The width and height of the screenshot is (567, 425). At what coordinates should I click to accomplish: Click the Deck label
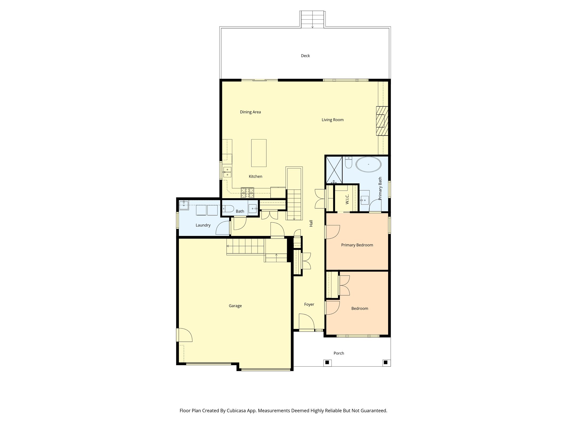coord(305,56)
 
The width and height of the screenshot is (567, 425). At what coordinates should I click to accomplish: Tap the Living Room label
coord(332,120)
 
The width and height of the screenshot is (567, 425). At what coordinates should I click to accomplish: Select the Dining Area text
coord(250,112)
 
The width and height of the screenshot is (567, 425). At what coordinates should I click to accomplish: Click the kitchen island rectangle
coord(259,153)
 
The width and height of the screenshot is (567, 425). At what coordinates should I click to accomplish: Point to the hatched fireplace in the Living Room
coord(382,121)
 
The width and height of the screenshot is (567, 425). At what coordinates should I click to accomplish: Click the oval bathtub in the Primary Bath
coord(368,164)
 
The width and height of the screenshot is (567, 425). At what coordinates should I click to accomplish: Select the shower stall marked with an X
coord(334,170)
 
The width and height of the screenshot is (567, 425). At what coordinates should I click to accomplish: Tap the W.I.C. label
coord(347,199)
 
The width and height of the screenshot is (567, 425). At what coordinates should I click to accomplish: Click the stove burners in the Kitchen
coord(247,193)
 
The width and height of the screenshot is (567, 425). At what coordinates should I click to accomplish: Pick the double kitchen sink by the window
coord(227,172)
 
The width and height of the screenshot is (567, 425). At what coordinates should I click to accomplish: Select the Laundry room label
coord(203,225)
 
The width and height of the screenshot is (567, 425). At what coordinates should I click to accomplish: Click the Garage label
coord(235,306)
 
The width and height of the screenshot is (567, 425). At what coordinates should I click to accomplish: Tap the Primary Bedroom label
coord(357,245)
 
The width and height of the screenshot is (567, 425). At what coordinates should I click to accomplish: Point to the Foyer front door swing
coord(306,322)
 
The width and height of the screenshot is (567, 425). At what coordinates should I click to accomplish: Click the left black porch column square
coord(327,362)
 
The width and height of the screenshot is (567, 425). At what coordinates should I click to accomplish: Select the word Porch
coord(339,353)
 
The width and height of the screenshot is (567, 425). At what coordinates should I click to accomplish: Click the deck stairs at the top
coord(312,19)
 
